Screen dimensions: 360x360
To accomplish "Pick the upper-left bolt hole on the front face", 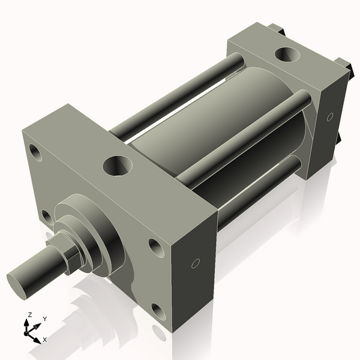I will pyautogui.click(x=36, y=153).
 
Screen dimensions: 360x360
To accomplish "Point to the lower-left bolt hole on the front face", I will pyautogui.click(x=46, y=215).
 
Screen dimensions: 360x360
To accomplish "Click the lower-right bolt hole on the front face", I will pyautogui.click(x=159, y=311).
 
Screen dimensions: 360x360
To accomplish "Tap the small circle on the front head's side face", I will pyautogui.click(x=195, y=263).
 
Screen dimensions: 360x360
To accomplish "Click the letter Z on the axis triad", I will pyautogui.click(x=29, y=315).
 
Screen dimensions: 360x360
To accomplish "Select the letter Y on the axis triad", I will pyautogui.click(x=44, y=319).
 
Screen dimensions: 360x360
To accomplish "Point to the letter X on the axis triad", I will pyautogui.click(x=45, y=340).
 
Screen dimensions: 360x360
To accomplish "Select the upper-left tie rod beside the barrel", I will pyautogui.click(x=174, y=96).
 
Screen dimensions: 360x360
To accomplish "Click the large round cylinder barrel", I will pyautogui.click(x=198, y=129).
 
